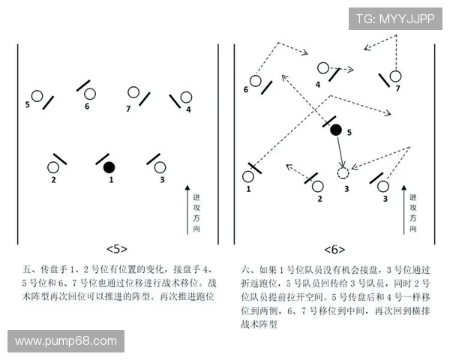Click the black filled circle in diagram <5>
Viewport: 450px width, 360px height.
coord(109,166)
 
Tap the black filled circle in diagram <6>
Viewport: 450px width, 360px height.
coord(336,130)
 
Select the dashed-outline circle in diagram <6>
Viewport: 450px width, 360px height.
coord(343,173)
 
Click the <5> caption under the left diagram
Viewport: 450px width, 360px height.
coord(116,248)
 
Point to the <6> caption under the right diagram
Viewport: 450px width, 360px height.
coord(334,248)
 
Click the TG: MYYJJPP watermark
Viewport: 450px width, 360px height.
coord(394,18)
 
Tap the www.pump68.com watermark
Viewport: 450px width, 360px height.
coord(66,341)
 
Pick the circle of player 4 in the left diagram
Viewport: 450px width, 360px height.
coord(186,97)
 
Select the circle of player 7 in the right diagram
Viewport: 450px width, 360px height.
coord(395,76)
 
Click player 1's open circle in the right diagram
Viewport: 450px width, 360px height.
coord(248,177)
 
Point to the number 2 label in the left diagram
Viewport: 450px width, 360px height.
coord(53,180)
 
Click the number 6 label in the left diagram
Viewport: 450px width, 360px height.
coord(87,106)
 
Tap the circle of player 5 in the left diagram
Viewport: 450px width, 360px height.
coord(36,96)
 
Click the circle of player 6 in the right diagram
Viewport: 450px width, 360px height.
coord(256,80)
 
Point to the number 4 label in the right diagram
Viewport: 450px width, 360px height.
coord(317,85)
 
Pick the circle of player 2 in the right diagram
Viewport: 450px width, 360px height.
coord(318,185)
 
